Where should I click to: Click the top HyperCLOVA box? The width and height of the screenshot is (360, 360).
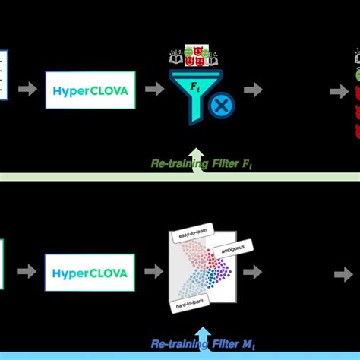pos(90,90)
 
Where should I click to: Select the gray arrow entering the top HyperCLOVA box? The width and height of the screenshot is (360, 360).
pos(27,90)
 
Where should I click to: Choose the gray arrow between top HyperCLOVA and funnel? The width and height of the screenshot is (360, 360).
pos(154,90)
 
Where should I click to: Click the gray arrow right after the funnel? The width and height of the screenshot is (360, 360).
pos(253,90)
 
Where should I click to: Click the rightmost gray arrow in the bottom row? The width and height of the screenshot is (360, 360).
pos(343,273)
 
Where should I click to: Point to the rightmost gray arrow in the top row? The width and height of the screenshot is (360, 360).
pos(339,90)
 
